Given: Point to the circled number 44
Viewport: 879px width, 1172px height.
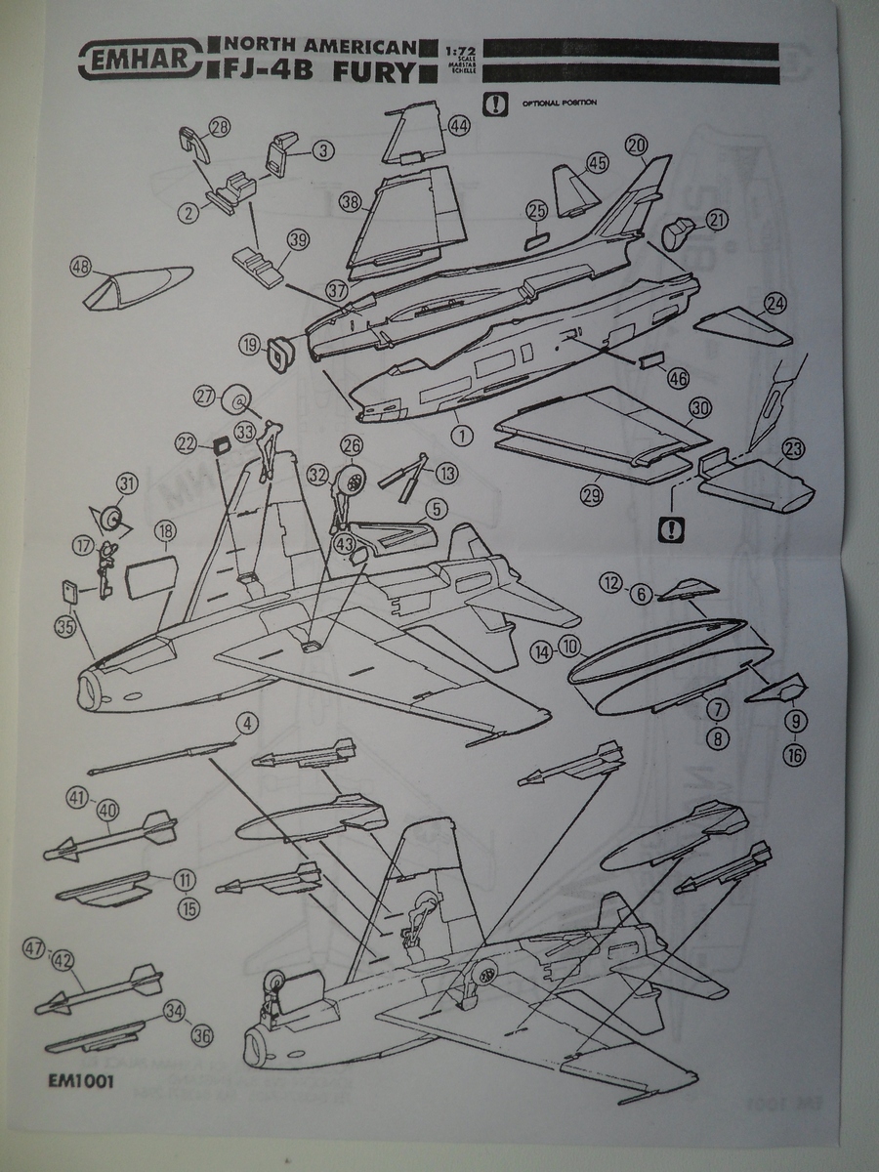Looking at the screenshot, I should coord(459,127).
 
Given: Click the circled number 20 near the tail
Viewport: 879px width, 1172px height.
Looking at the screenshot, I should coord(637,146).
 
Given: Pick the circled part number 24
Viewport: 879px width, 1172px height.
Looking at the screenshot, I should coord(774,304).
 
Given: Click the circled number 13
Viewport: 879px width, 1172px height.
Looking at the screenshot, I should coord(446,473).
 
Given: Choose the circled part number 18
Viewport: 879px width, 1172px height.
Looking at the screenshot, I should coord(165,532).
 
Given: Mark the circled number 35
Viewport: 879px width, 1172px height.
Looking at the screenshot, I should coord(64,628).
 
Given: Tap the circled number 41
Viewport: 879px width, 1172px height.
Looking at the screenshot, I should coord(77,797).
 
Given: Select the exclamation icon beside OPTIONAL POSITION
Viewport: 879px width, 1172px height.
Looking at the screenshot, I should coord(498,102).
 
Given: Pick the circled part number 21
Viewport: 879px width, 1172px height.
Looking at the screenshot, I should coord(717,223).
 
